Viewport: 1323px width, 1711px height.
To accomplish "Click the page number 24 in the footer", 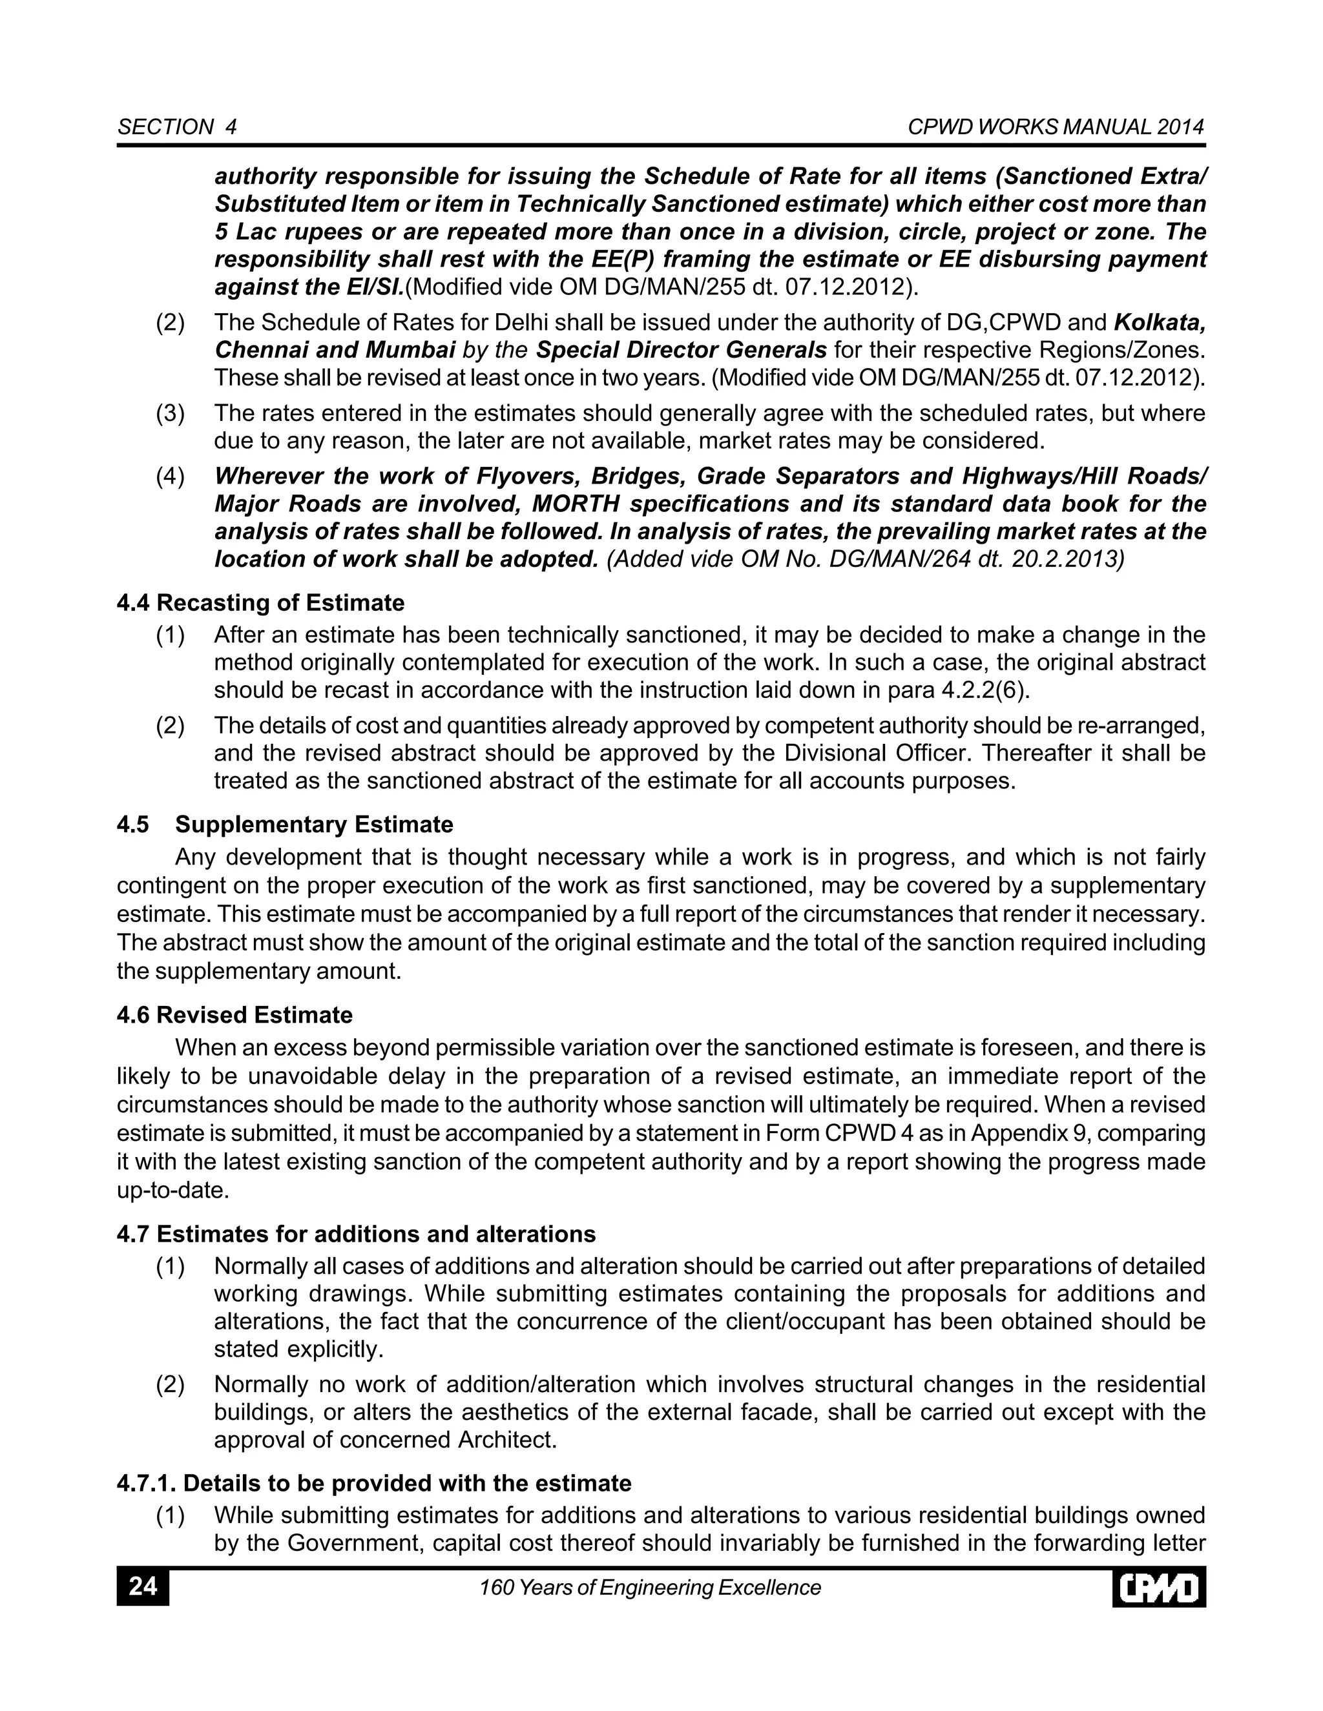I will [143, 1586].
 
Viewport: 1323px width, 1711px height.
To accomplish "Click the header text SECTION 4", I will [177, 127].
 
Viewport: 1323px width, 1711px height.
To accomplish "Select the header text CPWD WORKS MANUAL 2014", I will [1056, 127].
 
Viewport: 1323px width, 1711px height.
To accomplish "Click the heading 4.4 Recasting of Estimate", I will [260, 602].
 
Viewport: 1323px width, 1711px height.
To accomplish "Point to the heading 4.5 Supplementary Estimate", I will [286, 824].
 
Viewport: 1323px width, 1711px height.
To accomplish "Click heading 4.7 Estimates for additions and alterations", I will [356, 1234].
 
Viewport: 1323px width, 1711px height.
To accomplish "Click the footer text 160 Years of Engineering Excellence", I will [650, 1587].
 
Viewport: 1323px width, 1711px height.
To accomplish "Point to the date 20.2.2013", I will [1070, 558].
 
